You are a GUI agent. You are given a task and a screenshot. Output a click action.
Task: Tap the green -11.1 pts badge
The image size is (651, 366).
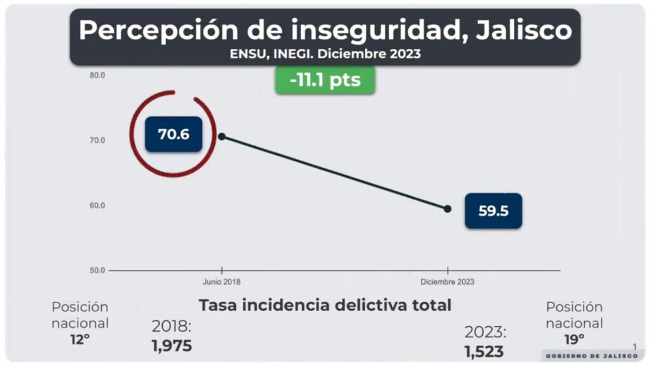click(325, 80)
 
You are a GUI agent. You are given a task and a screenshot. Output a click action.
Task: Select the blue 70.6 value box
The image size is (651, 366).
click(174, 134)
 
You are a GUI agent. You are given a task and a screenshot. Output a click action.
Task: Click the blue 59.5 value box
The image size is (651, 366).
click(493, 211)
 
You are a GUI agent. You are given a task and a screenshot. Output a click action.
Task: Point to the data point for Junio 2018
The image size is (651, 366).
click(222, 136)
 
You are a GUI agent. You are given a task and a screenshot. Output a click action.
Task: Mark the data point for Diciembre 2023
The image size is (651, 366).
click(448, 208)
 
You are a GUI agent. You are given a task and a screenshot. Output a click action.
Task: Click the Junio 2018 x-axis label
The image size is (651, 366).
click(222, 281)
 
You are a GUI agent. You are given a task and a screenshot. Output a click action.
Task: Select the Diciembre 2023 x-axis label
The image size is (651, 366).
click(448, 281)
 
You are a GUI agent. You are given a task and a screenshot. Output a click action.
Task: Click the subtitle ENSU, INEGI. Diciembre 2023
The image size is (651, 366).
click(325, 54)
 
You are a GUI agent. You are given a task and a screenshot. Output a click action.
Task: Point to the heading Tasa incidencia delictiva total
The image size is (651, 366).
click(325, 305)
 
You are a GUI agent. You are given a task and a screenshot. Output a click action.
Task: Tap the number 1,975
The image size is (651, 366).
click(172, 346)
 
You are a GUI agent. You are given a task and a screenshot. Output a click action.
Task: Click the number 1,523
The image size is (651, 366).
click(484, 351)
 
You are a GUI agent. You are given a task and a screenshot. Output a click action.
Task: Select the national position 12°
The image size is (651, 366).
click(80, 339)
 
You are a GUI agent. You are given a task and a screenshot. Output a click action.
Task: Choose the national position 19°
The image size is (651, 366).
click(574, 339)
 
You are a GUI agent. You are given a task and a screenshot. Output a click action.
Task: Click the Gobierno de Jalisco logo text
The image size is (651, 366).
click(591, 356)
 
